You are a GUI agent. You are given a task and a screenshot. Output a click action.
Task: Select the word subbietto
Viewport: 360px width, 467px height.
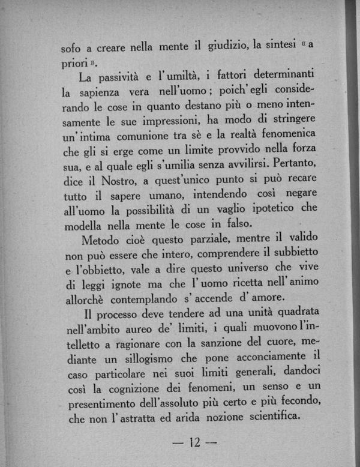(297, 252)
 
